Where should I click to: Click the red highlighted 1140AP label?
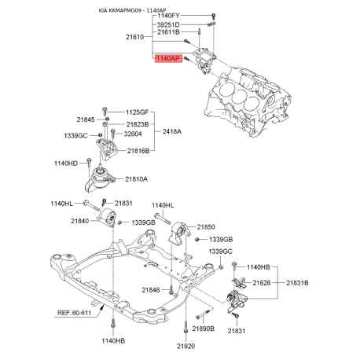pyautogui.click(x=168, y=58)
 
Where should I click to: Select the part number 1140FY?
pyautogui.click(x=168, y=16)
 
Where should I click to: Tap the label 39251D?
pyautogui.click(x=168, y=25)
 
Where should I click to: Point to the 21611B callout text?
pyautogui.click(x=168, y=32)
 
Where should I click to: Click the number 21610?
pyautogui.click(x=135, y=37)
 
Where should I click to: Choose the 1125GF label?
pyautogui.click(x=137, y=112)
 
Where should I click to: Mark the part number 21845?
pyautogui.click(x=86, y=119)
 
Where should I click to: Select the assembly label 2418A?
pyautogui.click(x=172, y=131)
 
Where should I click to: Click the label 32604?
pyautogui.click(x=133, y=134)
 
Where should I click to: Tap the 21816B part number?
pyautogui.click(x=138, y=151)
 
